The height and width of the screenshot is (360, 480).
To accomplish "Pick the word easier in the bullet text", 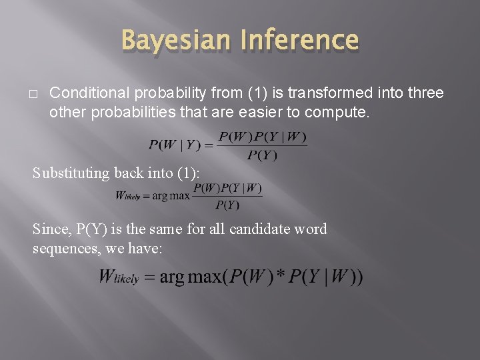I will click(242, 112).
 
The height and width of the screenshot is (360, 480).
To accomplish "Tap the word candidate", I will click(258, 229).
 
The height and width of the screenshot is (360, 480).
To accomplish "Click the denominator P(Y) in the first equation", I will click(262, 155).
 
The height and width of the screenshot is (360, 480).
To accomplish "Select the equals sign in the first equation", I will click(207, 145).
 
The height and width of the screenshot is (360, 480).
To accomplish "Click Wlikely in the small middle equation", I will click(131, 196).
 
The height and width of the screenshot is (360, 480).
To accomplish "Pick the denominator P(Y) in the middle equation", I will click(227, 205).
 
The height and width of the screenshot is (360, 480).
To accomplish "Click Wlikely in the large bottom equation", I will click(118, 277).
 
